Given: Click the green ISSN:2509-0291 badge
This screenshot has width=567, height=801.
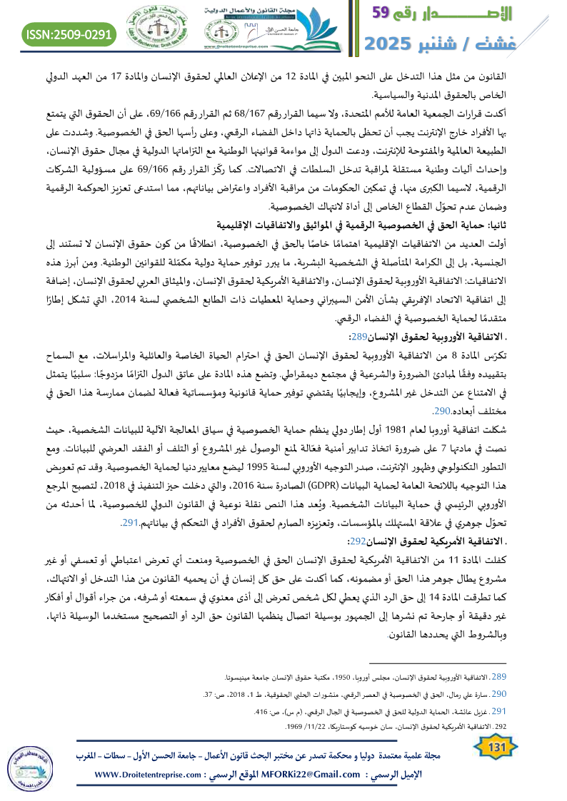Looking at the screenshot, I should pos(69,34).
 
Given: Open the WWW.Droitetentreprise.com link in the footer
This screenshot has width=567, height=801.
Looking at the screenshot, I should pos(154,775).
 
